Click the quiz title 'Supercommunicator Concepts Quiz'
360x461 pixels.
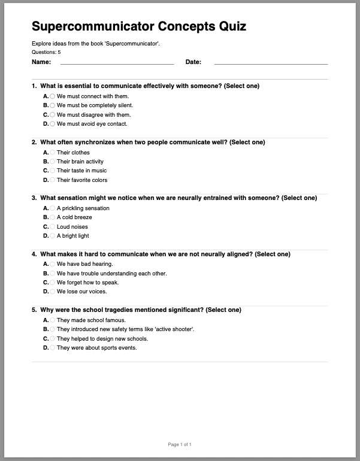[138, 26]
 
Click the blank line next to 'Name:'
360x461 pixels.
[117, 62]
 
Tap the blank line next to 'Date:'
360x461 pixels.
[271, 62]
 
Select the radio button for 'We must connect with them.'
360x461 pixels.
[53, 96]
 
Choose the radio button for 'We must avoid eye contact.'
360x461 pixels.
[53, 124]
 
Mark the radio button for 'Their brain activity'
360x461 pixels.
[53, 162]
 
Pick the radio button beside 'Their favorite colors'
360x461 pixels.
[53, 180]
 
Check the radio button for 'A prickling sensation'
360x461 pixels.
[53, 208]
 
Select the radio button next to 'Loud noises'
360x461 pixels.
[53, 227]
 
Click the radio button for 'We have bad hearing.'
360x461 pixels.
[53, 264]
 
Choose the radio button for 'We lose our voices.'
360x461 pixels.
[53, 292]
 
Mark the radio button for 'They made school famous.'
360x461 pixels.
[53, 320]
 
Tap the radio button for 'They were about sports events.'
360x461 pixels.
[53, 348]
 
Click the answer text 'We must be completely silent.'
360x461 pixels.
[95, 105]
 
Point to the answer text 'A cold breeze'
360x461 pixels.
[74, 217]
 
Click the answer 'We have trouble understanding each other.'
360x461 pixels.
[111, 274]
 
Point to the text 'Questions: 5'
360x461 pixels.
[46, 52]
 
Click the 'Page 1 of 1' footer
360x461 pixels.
[180, 444]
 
